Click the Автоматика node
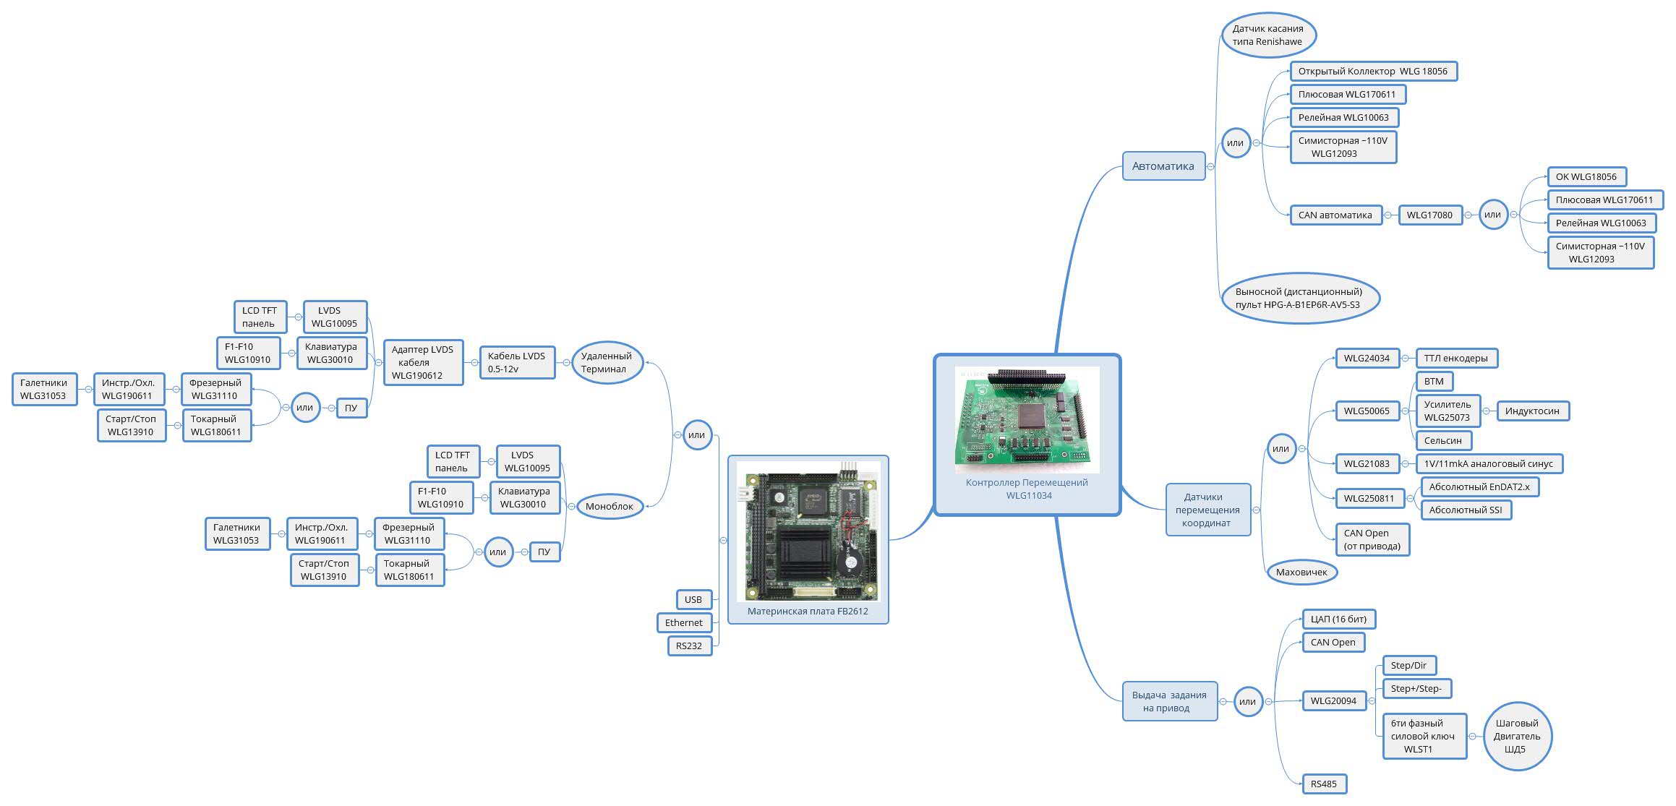coord(1163,166)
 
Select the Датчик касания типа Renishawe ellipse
coord(1268,35)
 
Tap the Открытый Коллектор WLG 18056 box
coord(1373,72)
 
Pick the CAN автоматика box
coord(1335,215)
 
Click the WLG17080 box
coord(1429,215)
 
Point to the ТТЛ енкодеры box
coord(1455,358)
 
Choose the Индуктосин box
coord(1532,411)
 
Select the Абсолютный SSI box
coord(1465,510)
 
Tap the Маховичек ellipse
coord(1301,572)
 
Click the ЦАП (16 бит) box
coord(1338,619)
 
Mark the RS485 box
coord(1324,784)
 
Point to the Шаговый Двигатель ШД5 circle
coord(1517,736)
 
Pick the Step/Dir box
coord(1408,665)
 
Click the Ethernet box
coord(684,622)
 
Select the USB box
coord(693,599)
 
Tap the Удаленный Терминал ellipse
coord(607,362)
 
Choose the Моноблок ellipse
coord(609,506)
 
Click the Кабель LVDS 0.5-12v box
coord(516,362)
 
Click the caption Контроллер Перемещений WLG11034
coord(1027,489)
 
